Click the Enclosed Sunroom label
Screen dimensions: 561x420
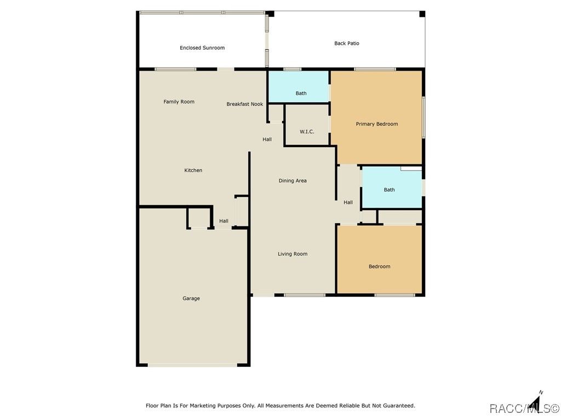[x=202, y=48]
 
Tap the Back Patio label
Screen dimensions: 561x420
[x=347, y=43]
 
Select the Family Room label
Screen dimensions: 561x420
[x=179, y=102]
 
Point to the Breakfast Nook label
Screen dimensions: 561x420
[x=245, y=104]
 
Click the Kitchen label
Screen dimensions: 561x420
[x=193, y=171]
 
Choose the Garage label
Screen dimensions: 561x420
[x=191, y=299]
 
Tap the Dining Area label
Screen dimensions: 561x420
[x=293, y=180]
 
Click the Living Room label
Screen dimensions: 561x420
[x=293, y=254]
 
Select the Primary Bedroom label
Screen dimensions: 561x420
[x=377, y=124]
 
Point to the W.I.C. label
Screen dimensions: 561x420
[x=307, y=132]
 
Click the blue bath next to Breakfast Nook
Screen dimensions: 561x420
[x=299, y=87]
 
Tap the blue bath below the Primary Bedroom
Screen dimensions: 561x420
[x=392, y=187]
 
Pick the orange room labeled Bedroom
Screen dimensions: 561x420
[x=380, y=259]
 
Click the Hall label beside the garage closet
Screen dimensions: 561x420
[x=224, y=221]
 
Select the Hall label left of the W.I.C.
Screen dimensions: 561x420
[x=267, y=139]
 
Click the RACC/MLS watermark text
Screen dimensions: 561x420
[x=524, y=408]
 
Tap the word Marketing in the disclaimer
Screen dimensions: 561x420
[x=203, y=406]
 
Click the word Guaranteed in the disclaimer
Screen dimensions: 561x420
[x=399, y=406]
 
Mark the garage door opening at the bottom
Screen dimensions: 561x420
[x=192, y=365]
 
